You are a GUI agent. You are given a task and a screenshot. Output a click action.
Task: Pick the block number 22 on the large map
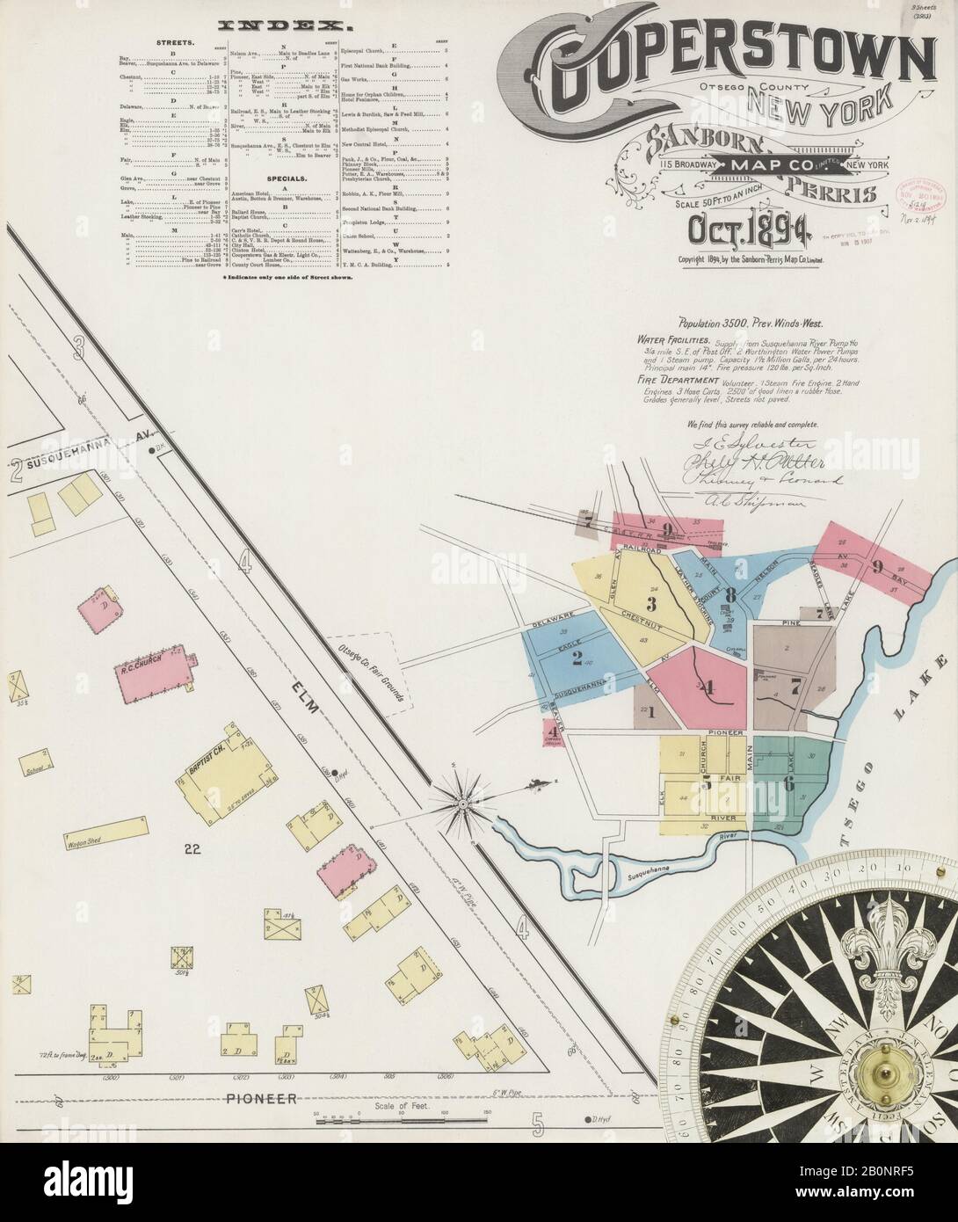(195, 849)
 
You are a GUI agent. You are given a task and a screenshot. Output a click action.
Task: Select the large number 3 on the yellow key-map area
(651, 603)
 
